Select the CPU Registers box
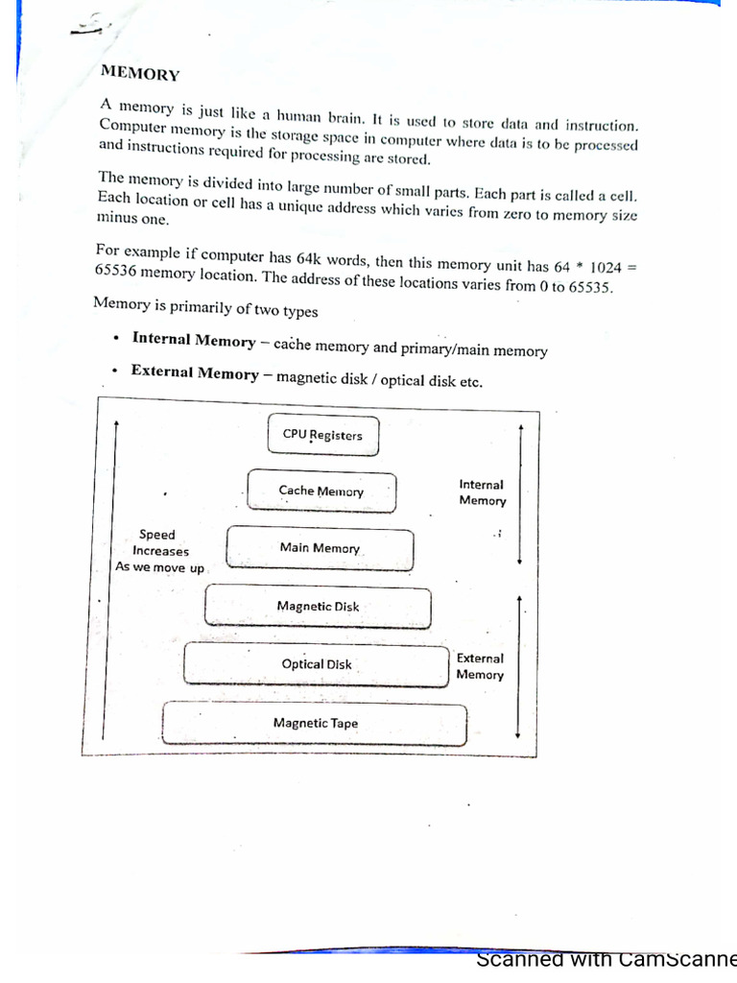tap(322, 435)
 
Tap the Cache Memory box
tap(321, 491)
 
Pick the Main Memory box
tap(320, 549)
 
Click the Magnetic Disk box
tap(318, 607)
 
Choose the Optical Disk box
tap(317, 664)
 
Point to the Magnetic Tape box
tap(315, 723)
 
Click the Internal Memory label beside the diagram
tap(482, 492)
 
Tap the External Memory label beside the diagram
tap(480, 666)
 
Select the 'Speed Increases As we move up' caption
tap(160, 551)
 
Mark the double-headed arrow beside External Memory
tap(518, 666)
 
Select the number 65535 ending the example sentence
tap(589, 287)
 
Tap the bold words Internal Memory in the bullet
tap(194, 341)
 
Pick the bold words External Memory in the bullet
tap(195, 372)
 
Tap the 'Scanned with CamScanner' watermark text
tap(606, 960)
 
